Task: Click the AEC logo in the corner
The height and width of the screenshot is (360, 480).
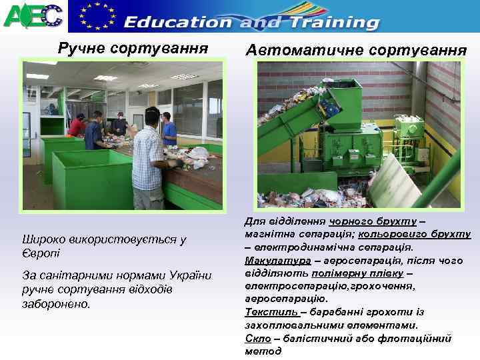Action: [x=33, y=15]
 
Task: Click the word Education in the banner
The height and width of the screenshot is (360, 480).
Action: [x=178, y=22]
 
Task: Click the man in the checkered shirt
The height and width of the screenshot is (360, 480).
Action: [x=149, y=160]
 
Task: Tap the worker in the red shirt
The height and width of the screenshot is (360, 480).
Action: [x=78, y=126]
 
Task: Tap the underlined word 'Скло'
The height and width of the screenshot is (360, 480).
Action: [x=257, y=337]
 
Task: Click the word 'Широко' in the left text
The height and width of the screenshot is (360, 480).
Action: [x=43, y=239]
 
